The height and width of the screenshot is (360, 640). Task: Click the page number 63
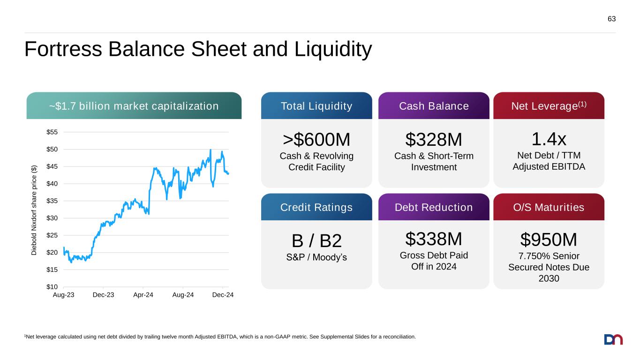(611, 19)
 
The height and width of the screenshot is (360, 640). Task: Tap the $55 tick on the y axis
(52, 132)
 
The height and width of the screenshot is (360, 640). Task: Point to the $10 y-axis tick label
(52, 287)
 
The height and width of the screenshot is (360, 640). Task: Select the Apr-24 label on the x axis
(143, 295)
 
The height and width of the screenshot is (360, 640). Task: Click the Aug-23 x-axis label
(64, 295)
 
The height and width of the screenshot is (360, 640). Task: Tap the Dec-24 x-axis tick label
(223, 295)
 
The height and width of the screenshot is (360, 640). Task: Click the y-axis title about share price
(34, 210)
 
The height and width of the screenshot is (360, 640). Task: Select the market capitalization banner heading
(134, 106)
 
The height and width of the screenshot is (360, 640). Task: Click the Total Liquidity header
(316, 106)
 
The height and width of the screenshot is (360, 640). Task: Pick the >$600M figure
(316, 140)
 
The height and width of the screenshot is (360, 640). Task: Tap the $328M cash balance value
(434, 140)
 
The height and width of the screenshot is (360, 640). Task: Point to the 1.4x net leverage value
(549, 139)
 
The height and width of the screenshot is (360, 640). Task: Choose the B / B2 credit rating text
(316, 241)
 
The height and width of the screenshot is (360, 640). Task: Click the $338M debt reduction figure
(434, 239)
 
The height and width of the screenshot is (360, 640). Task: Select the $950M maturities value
(549, 240)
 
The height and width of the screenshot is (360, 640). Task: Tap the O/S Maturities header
(549, 207)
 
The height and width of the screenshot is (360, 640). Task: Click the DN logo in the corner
(613, 339)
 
